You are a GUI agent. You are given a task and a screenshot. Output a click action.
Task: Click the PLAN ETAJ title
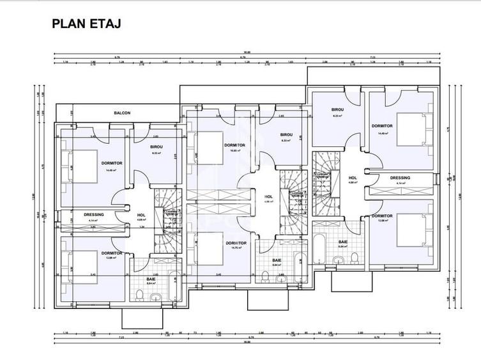pyautogui.click(x=86, y=24)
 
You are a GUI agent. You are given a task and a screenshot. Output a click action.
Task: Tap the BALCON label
pyautogui.click(x=122, y=113)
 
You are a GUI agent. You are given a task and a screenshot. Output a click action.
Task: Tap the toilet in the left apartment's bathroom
pyautogui.click(x=139, y=294)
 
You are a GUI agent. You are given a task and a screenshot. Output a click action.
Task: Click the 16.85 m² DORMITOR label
pyautogui.click(x=235, y=145)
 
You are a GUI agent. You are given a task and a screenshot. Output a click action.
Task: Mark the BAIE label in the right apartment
pyautogui.click(x=342, y=242)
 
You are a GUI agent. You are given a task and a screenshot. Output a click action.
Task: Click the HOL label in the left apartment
pyautogui.click(x=142, y=215)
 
